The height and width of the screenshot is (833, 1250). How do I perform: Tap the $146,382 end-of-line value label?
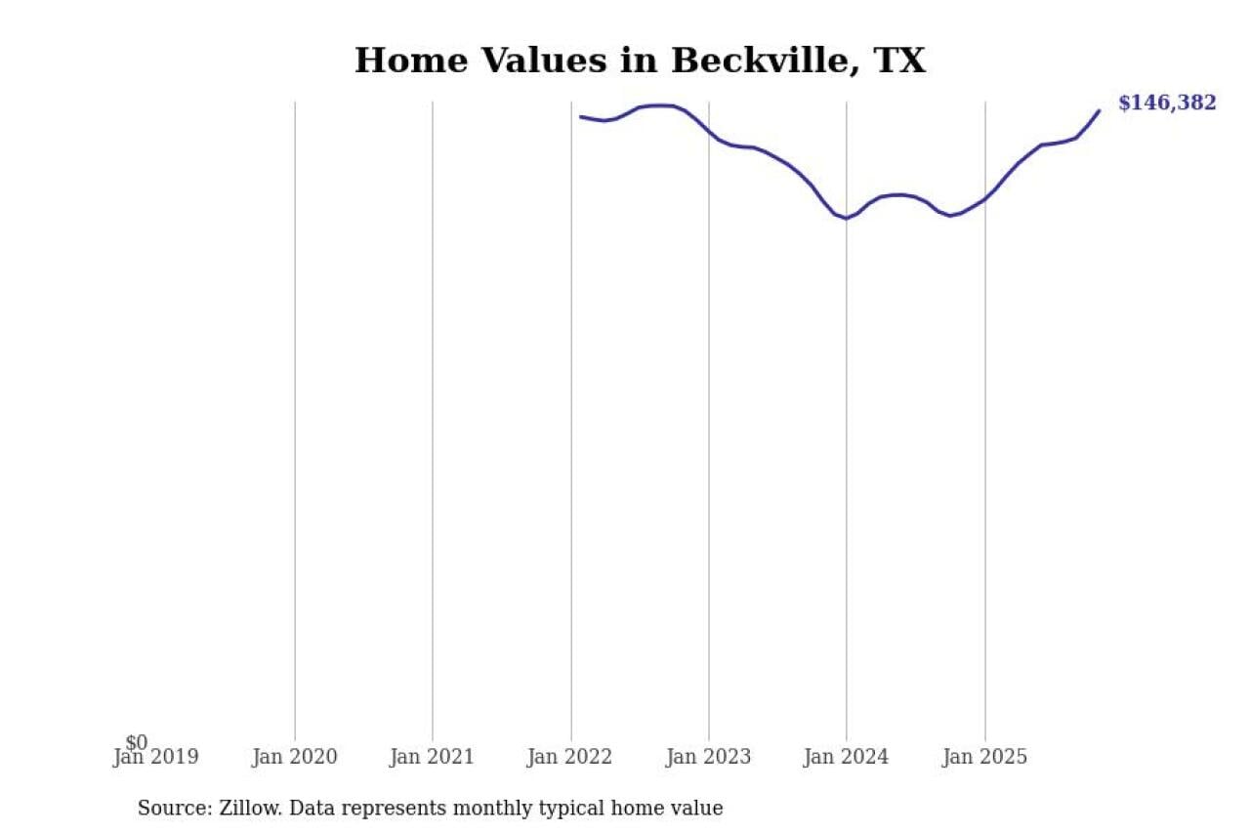[1167, 104]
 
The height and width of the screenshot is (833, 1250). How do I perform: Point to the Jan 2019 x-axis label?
[156, 757]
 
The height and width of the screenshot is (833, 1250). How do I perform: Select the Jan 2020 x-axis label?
[294, 757]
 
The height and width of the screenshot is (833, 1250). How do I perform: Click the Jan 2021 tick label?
[432, 757]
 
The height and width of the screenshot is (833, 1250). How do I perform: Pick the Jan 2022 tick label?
[570, 757]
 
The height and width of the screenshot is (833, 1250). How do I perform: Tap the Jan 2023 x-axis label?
[708, 757]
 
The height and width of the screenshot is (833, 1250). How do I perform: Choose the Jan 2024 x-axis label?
[846, 757]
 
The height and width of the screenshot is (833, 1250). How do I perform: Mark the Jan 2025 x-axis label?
[984, 757]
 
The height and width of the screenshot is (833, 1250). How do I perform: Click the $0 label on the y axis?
[137, 743]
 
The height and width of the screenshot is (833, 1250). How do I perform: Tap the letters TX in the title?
[899, 62]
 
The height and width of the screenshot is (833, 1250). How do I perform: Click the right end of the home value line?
[1100, 110]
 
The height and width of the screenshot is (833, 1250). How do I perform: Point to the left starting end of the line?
[581, 117]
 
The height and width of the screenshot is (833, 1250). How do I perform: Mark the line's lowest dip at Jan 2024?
[846, 219]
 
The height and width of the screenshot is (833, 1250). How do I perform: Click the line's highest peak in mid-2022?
[660, 105]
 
